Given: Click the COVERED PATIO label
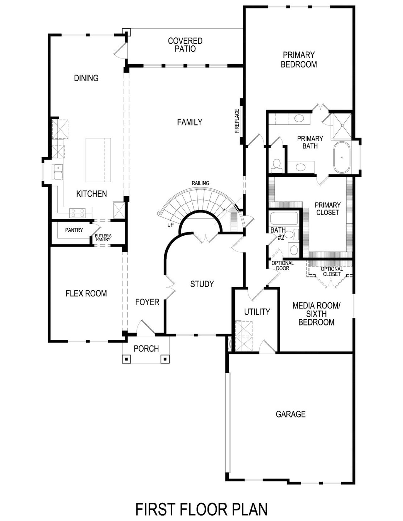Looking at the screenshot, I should coord(185,45).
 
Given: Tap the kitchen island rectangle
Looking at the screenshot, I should coord(98,160).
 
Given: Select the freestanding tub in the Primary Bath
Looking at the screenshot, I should coord(342,158).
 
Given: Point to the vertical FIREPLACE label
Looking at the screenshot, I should coord(237,121).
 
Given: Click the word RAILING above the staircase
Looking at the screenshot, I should coord(201,183).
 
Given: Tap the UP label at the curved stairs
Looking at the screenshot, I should coord(170,225).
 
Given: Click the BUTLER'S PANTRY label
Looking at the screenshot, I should coord(103,238).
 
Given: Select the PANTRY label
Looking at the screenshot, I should coord(74,230).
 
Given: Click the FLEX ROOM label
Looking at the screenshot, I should coord(86,294).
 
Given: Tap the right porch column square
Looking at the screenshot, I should coord(165,359).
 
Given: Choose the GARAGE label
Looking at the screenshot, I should coord(291,414).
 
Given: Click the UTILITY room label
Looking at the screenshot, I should coord(257,312).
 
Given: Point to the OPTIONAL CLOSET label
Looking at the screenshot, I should coord(332,272).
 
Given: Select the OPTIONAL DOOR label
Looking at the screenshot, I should coord(282,266).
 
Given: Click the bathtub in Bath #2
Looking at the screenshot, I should coord(284,218).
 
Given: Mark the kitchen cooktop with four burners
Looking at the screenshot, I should coord(78,213).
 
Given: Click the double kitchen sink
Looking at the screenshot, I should coord(58,172).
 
